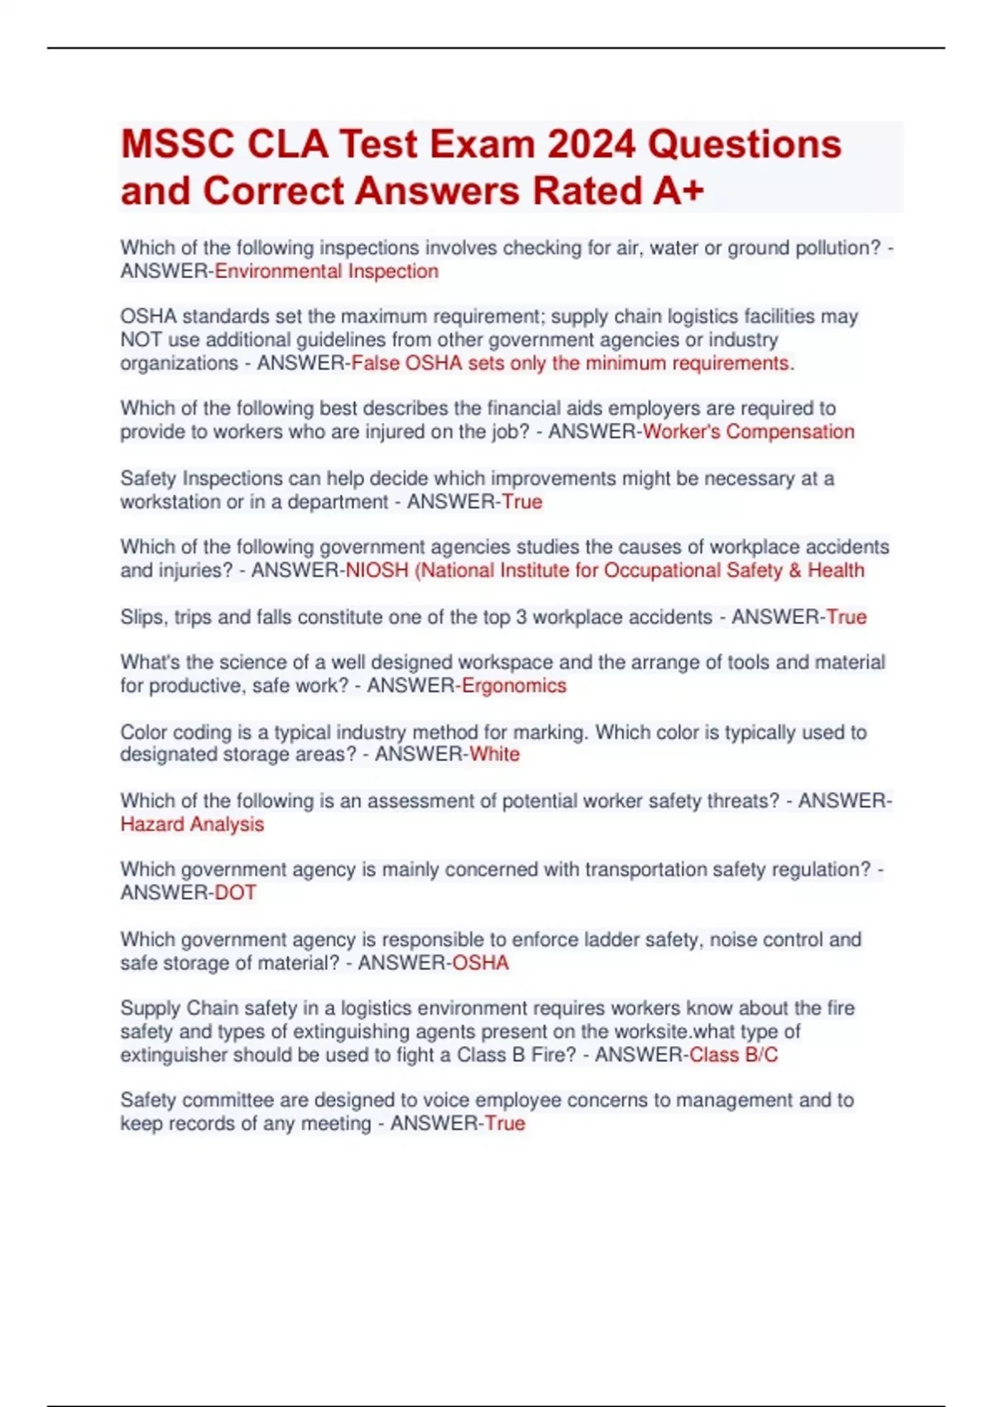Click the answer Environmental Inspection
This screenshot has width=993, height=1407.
point(327,271)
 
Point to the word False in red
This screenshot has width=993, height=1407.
point(376,363)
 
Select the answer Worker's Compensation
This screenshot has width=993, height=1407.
point(748,432)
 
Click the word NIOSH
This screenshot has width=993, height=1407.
point(377,570)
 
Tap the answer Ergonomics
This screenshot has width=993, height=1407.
point(514,685)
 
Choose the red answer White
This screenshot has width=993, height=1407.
point(495,754)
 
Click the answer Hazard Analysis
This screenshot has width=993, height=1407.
point(192,824)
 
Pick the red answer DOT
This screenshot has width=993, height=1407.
point(236,893)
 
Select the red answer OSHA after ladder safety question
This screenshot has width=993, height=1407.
point(481,963)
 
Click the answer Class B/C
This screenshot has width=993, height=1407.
point(733,1054)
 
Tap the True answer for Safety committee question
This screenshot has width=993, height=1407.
point(505,1123)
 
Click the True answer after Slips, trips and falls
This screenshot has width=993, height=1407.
point(847,617)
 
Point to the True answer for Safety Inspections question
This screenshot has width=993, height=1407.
point(522,502)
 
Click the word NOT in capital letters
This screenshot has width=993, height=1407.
point(141,340)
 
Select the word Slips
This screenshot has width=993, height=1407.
point(143,617)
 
